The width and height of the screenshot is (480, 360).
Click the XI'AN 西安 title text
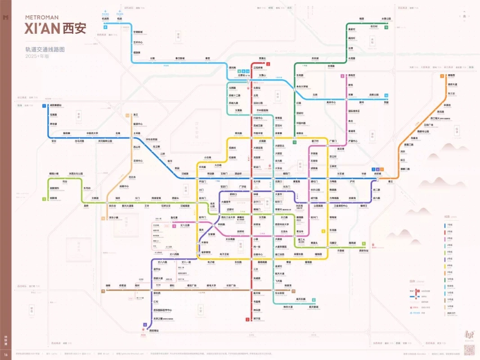point(55,29)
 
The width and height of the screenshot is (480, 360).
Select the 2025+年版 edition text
point(37,57)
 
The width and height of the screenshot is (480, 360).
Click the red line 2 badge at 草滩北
point(268,64)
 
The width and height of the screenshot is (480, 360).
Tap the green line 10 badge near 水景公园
point(386,27)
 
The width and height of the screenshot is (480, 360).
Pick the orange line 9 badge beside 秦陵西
point(442,75)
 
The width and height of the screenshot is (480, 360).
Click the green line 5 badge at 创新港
point(44,198)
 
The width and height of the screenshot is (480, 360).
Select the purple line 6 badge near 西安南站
point(145,324)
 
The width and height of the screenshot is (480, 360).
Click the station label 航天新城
point(314,306)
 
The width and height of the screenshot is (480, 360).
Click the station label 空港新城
point(138,32)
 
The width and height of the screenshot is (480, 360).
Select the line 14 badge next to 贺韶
point(386,95)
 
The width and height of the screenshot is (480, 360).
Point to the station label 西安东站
point(363,250)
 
